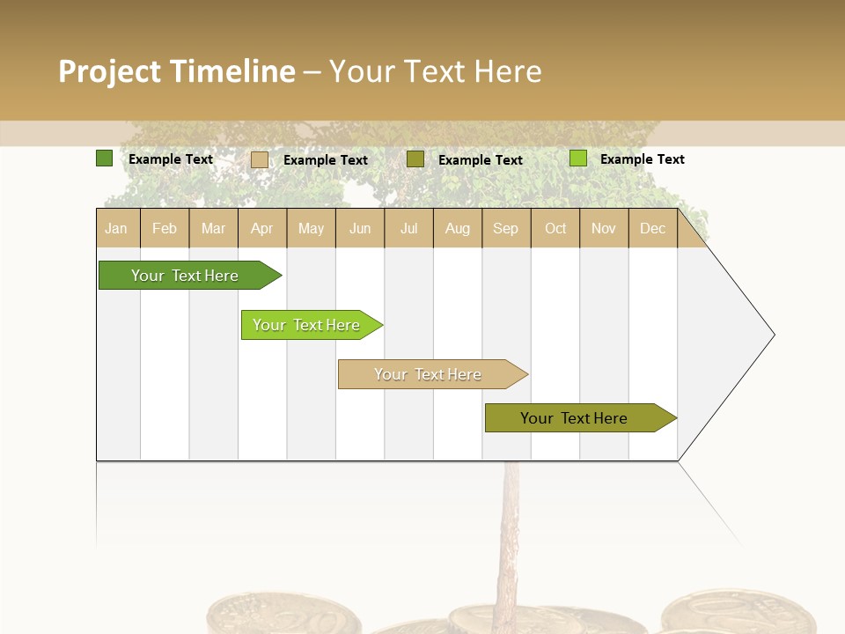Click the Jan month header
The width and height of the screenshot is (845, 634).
[116, 228]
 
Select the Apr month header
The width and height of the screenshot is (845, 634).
[262, 228]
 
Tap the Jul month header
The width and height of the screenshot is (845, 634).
[408, 228]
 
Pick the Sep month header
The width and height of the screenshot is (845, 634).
[505, 228]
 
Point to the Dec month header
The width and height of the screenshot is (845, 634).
[652, 228]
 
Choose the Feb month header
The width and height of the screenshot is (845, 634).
[165, 228]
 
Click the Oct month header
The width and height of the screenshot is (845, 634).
[555, 228]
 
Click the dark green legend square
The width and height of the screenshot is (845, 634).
[104, 158]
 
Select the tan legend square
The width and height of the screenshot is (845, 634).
[259, 159]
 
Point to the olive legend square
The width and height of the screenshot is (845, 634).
[415, 158]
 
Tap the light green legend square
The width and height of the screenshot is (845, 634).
[577, 158]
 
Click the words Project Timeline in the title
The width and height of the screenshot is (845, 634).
[177, 71]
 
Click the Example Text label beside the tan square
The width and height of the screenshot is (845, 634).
[326, 160]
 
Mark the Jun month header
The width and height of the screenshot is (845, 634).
[360, 228]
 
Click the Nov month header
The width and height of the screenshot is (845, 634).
[604, 228]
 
